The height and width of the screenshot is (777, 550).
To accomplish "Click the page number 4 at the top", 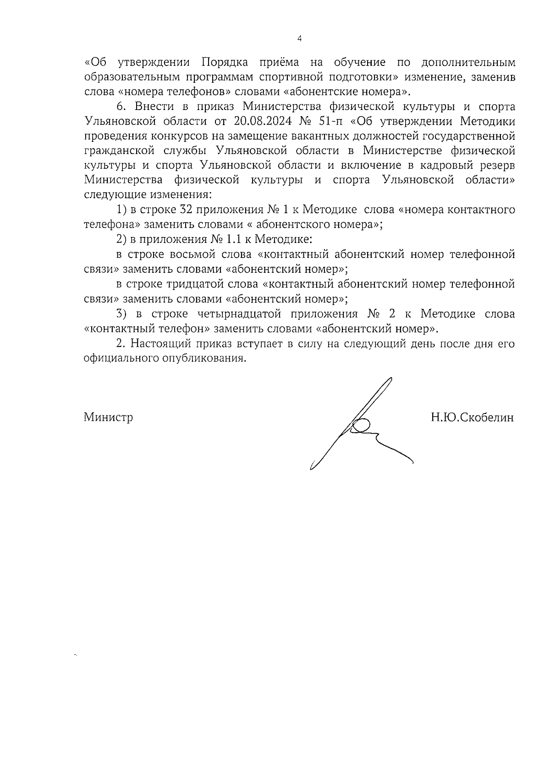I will pos(299,39).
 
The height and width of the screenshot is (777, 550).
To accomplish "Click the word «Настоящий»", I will pos(162,344).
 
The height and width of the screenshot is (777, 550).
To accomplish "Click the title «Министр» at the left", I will pos(109,418).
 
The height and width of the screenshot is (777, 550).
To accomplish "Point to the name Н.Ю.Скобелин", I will pos(472,418).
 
